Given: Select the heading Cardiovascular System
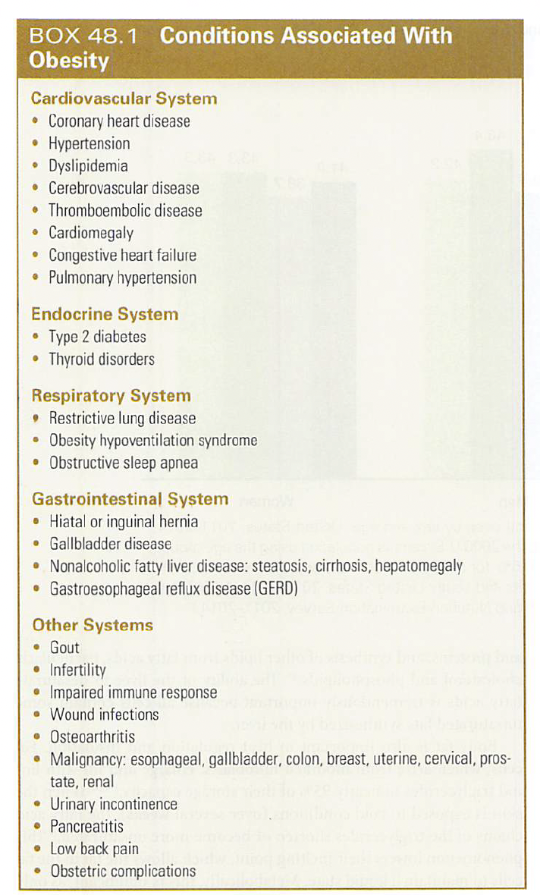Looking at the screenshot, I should [124, 99].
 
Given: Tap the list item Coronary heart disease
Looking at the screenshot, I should [119, 121].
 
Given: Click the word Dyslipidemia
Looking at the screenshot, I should [88, 166].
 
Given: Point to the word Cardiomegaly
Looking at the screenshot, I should [90, 233].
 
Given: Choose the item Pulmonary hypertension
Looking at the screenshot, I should [122, 278].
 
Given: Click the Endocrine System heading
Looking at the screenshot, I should [105, 314].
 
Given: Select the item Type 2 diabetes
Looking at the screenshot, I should [97, 337].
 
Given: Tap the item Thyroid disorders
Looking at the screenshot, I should [101, 359].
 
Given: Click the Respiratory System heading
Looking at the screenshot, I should [111, 396].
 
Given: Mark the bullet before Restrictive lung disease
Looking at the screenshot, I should [36, 418].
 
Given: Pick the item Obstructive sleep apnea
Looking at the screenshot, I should [124, 463].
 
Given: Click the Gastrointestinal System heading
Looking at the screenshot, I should [130, 499].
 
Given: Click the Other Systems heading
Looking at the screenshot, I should [92, 626].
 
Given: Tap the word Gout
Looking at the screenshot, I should [64, 648].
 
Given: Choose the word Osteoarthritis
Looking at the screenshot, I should [93, 737].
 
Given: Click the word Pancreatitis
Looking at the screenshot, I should [86, 827].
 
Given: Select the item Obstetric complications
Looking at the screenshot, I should [122, 871].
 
